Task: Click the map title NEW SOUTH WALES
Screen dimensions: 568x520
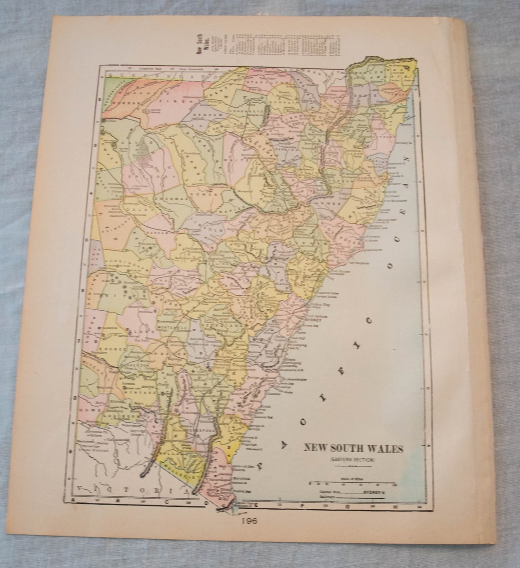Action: pyautogui.click(x=354, y=448)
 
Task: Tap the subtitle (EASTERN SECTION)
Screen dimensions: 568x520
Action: pyautogui.click(x=350, y=460)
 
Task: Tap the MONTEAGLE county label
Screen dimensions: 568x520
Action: pyautogui.click(x=173, y=328)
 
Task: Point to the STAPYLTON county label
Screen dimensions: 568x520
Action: pyautogui.click(x=273, y=81)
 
